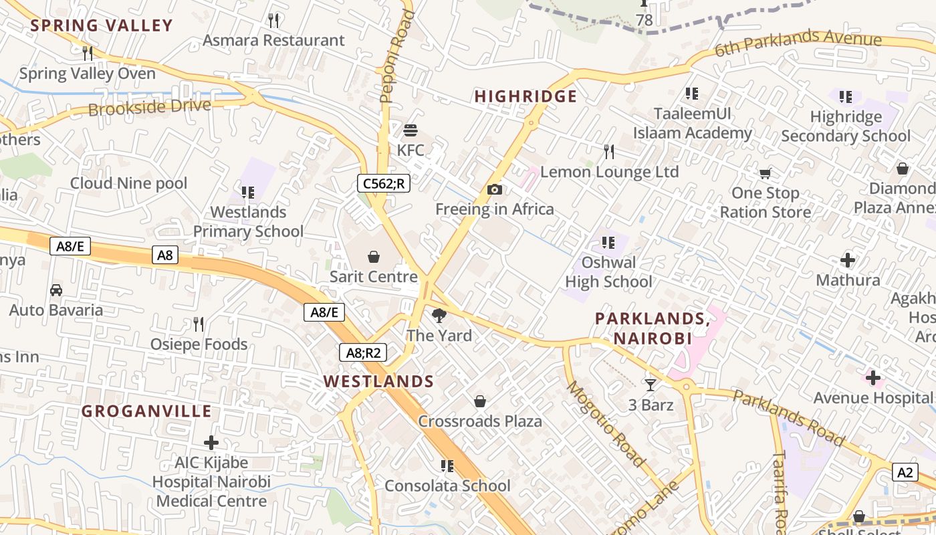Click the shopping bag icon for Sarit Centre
tap(374, 257)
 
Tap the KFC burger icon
tap(411, 130)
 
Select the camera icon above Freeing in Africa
tap(495, 190)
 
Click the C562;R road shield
tap(383, 183)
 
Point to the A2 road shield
tap(905, 473)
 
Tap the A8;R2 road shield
tap(364, 352)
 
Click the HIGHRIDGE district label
tap(525, 96)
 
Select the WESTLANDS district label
tap(379, 382)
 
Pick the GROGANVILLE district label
tap(146, 411)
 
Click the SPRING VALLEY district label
tap(102, 26)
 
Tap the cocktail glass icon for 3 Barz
tap(650, 385)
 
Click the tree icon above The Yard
tap(439, 316)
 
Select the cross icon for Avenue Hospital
tap(872, 378)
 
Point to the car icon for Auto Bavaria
tap(56, 290)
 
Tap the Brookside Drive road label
tap(149, 107)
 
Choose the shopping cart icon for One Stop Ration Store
tap(766, 174)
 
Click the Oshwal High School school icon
tap(608, 243)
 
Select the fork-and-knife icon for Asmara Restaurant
tap(273, 20)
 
